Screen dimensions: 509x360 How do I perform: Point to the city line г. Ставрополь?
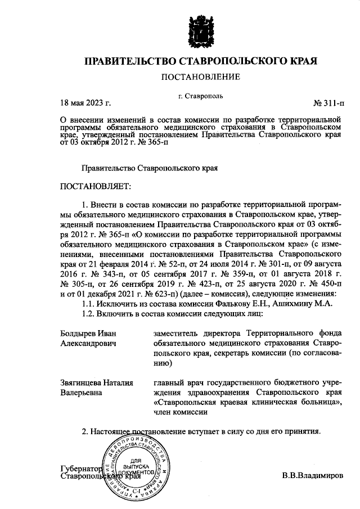click(200, 95)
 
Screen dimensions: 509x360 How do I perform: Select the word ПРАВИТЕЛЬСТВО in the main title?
click(130, 61)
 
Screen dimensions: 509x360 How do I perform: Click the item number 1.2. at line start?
click(91, 313)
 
